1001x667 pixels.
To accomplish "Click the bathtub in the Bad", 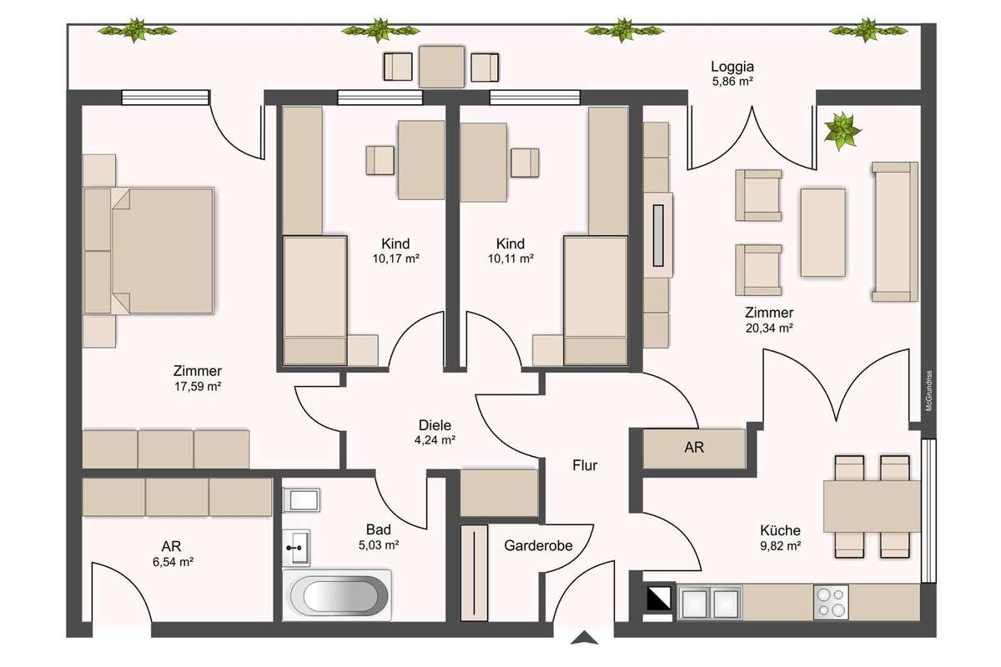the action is (x=337, y=595).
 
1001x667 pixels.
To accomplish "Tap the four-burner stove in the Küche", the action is (x=831, y=602).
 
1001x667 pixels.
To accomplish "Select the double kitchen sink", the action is (x=710, y=602).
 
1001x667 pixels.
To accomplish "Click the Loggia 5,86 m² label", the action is (x=732, y=73).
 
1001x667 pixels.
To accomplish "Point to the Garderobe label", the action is (x=538, y=545).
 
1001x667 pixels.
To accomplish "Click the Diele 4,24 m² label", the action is (x=435, y=433).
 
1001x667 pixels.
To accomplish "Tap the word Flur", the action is (x=585, y=465).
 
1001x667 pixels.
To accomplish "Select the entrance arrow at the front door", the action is (x=584, y=638).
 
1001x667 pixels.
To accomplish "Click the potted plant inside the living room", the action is (x=842, y=130).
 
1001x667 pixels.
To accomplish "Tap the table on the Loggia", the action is (x=441, y=67).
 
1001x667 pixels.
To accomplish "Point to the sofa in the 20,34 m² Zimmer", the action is (x=894, y=232).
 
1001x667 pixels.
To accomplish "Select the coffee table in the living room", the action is (x=822, y=233).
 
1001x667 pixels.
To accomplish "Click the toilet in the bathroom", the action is (x=301, y=500).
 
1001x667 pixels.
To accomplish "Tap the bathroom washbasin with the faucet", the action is (x=296, y=548).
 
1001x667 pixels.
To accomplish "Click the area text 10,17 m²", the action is (x=396, y=258).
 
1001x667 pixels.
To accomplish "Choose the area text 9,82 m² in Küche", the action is (x=780, y=545).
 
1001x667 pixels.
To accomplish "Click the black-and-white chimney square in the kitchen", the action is (x=659, y=598).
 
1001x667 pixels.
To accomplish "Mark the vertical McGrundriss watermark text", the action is (x=928, y=390).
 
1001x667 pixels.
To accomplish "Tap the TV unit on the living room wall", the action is (x=658, y=235).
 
